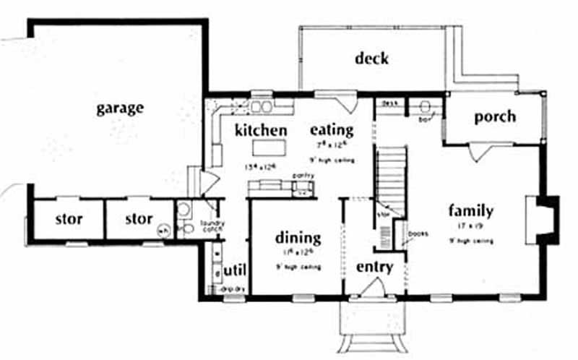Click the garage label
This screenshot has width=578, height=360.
pyautogui.click(x=120, y=108)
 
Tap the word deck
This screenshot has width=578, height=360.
pyautogui.click(x=371, y=59)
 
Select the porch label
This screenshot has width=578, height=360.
pyautogui.click(x=495, y=116)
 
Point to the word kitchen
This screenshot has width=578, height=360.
pyautogui.click(x=261, y=130)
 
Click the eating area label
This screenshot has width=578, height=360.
pyautogui.click(x=332, y=130)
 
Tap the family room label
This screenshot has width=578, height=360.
pyautogui.click(x=470, y=211)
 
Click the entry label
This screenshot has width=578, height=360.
pyautogui.click(x=375, y=267)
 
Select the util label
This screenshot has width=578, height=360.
pyautogui.click(x=236, y=269)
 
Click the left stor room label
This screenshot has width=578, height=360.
pyautogui.click(x=69, y=218)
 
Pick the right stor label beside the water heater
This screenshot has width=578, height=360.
pyautogui.click(x=138, y=218)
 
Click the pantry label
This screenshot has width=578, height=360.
pyautogui.click(x=301, y=176)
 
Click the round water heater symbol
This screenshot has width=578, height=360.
pyautogui.click(x=164, y=231)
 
